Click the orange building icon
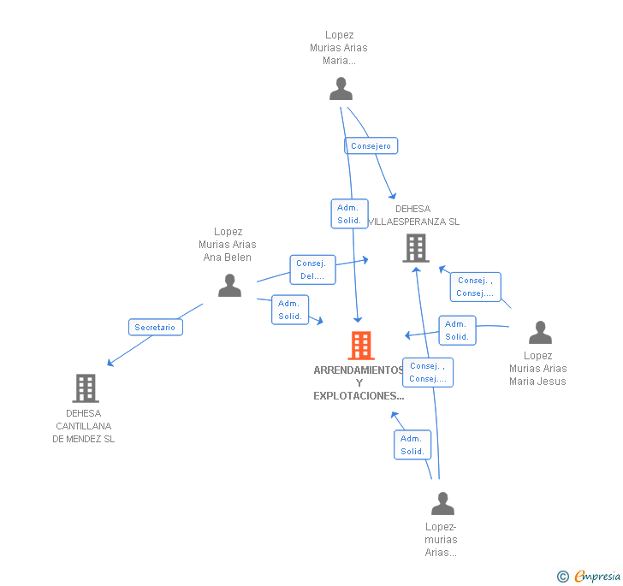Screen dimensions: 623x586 point(361,345)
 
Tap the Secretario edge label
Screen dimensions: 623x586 point(155,327)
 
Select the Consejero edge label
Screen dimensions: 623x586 point(371,145)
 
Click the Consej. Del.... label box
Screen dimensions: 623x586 point(312,269)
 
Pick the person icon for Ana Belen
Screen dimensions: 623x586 point(229,285)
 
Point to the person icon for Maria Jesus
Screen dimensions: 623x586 point(540,332)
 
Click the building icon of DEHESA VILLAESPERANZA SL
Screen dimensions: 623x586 point(416,248)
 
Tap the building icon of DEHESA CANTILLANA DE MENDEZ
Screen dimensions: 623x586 point(85,388)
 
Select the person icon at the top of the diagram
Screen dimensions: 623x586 point(341,88)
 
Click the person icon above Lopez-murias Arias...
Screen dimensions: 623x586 point(442,503)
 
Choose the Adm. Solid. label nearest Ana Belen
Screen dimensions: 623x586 point(290,309)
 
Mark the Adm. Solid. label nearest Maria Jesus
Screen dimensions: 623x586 point(457,330)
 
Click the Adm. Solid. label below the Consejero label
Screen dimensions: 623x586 point(349,214)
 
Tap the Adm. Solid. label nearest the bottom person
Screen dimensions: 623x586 point(412,445)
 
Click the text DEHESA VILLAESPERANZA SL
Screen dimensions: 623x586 point(413,216)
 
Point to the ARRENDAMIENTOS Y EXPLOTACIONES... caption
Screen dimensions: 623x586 point(359,382)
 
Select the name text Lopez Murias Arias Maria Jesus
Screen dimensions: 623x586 point(537,369)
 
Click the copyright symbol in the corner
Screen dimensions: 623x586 point(562,577)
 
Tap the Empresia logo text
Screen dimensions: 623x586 point(597,576)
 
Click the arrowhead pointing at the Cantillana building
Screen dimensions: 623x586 point(110,364)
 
